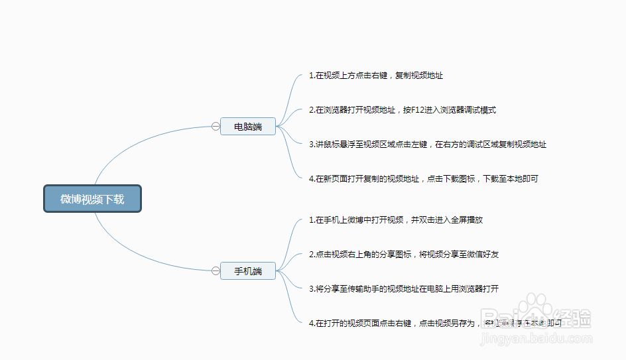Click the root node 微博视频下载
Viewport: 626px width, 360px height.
click(x=92, y=199)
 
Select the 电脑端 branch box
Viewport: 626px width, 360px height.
click(x=248, y=127)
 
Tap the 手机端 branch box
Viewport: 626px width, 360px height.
click(x=248, y=271)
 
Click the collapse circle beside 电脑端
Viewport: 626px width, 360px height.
click(x=216, y=127)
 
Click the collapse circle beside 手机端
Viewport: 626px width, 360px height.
click(x=216, y=271)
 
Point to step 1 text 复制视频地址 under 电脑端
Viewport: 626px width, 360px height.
click(x=419, y=76)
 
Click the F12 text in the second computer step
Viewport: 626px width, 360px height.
click(x=419, y=110)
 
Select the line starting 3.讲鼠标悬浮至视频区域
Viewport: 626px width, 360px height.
click(x=428, y=145)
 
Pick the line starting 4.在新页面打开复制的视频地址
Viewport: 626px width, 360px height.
click(x=424, y=179)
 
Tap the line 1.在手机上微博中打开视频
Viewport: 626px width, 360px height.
click(x=396, y=220)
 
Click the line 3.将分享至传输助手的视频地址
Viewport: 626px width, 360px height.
click(x=404, y=289)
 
